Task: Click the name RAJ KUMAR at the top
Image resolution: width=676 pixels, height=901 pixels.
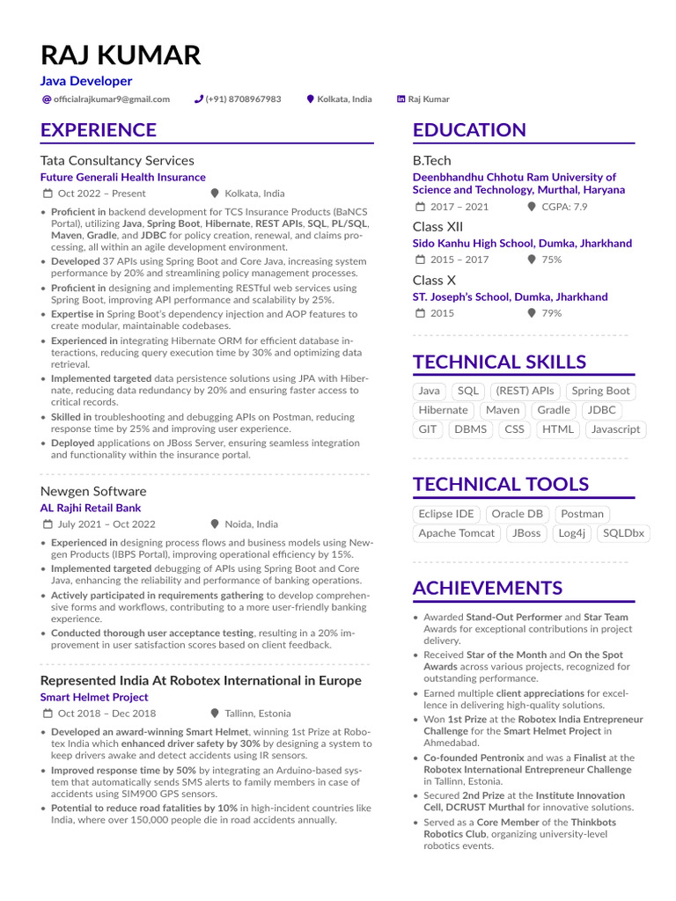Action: (x=121, y=55)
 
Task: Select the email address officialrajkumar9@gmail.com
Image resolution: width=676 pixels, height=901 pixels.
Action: (x=112, y=99)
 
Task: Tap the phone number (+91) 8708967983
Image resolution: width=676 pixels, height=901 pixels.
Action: (x=243, y=99)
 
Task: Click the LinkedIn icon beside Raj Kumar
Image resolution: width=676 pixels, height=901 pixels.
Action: (x=401, y=99)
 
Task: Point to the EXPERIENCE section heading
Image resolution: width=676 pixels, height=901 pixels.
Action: (x=99, y=130)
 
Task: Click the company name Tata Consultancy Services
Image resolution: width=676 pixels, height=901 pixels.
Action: (x=117, y=160)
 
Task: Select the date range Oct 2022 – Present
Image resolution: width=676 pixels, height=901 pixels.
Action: (x=101, y=194)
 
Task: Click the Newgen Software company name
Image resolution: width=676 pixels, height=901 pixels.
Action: (x=93, y=491)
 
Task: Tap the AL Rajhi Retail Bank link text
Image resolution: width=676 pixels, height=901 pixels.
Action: (x=91, y=508)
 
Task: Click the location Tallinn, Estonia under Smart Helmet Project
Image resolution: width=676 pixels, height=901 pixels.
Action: (x=257, y=714)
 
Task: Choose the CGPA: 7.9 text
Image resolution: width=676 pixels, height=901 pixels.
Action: (x=563, y=207)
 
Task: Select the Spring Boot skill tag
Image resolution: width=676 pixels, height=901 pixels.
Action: (x=600, y=391)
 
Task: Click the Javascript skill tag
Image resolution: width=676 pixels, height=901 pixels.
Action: (x=615, y=429)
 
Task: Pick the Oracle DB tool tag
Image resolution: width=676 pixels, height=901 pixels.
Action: (x=517, y=514)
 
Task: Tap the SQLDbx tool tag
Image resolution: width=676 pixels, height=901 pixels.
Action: (x=624, y=533)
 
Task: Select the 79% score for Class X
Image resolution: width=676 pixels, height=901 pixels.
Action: (x=552, y=313)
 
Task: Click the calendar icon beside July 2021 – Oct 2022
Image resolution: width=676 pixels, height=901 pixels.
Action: (x=47, y=524)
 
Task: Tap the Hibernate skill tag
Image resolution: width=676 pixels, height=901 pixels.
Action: (x=443, y=410)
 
